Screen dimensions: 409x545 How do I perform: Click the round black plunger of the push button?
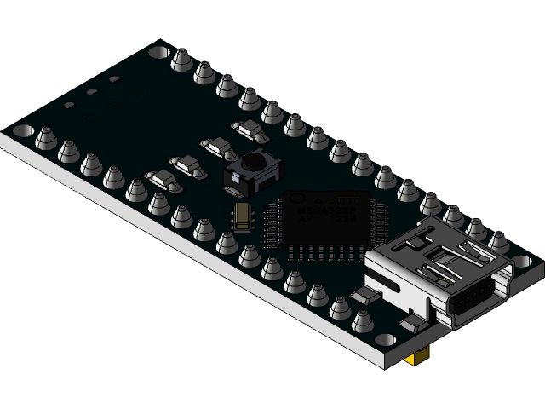(252, 161)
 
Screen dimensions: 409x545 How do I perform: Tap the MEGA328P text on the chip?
(319, 209)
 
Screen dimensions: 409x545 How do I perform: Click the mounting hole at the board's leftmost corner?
(23, 131)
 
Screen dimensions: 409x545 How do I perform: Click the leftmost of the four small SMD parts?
(161, 178)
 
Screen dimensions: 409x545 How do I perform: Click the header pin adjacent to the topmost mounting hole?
(181, 60)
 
